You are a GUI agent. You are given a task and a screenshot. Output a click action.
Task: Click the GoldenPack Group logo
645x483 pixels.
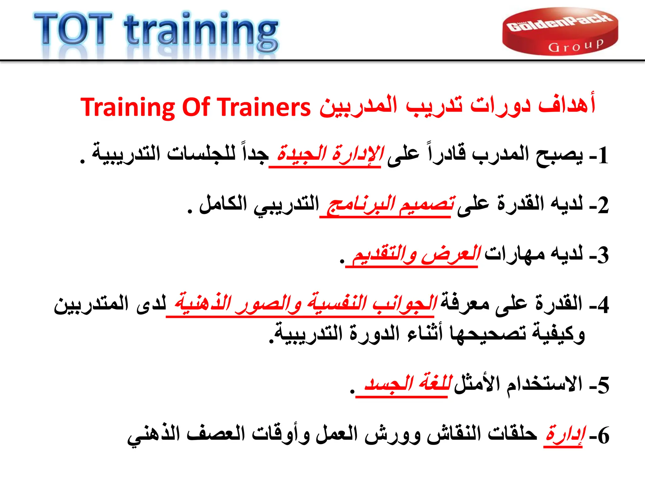pyautogui.click(x=560, y=31)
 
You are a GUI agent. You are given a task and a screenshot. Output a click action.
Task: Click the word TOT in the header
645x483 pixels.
pyautogui.click(x=73, y=30)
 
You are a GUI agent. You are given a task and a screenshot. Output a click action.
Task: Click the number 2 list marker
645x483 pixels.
pyautogui.click(x=603, y=206)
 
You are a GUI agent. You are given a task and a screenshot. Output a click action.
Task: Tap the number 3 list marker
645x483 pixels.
pyautogui.click(x=603, y=255)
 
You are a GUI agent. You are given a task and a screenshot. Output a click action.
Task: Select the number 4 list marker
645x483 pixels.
pyautogui.click(x=603, y=305)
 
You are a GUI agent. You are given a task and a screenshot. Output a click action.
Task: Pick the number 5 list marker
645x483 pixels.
pyautogui.click(x=603, y=385)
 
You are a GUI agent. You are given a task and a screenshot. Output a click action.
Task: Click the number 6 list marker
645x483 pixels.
pyautogui.click(x=603, y=436)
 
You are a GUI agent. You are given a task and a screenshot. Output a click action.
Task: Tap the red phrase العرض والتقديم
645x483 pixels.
pyautogui.click(x=416, y=255)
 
